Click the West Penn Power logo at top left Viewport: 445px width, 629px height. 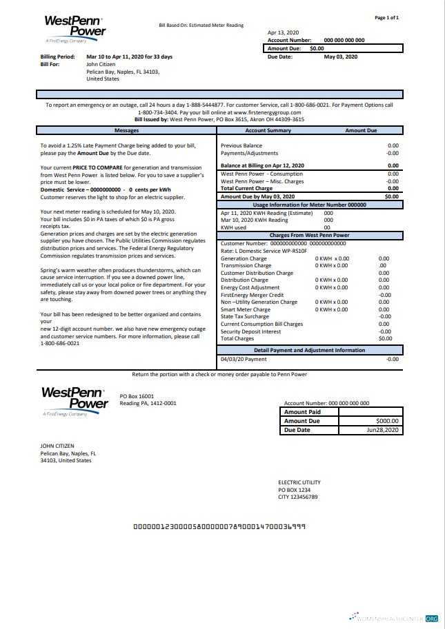(75, 30)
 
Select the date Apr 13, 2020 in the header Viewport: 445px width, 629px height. (283, 32)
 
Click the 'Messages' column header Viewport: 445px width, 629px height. (126, 130)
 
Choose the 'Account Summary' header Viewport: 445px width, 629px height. (268, 130)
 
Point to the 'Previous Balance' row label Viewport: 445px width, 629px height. (241, 146)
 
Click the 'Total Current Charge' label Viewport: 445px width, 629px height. (246, 188)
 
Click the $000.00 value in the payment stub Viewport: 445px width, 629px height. (388, 421)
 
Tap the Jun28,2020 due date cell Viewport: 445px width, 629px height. (383, 430)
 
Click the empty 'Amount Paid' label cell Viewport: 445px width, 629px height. (302, 412)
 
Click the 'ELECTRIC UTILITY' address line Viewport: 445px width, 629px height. (299, 482)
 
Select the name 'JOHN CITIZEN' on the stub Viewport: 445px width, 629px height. (57, 446)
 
